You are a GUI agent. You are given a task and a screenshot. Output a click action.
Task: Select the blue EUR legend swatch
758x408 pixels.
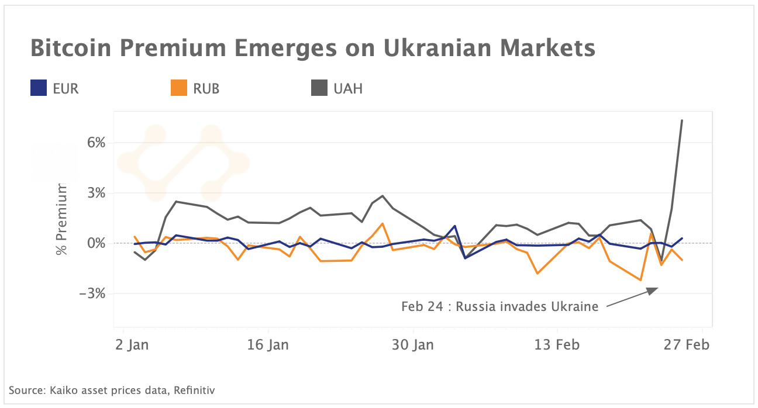tap(38, 89)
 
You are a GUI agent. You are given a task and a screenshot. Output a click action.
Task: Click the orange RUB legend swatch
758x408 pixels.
tap(178, 89)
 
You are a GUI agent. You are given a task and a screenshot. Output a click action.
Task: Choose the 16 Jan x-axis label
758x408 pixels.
tap(269, 344)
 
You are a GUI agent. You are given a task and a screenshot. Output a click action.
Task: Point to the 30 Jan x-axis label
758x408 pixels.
tap(414, 344)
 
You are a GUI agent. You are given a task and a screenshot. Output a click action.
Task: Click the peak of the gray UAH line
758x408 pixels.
tap(682, 120)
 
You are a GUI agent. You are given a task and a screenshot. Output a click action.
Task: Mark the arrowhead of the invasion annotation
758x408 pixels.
tap(656, 289)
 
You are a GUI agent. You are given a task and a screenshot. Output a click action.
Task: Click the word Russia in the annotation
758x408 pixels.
tap(476, 306)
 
